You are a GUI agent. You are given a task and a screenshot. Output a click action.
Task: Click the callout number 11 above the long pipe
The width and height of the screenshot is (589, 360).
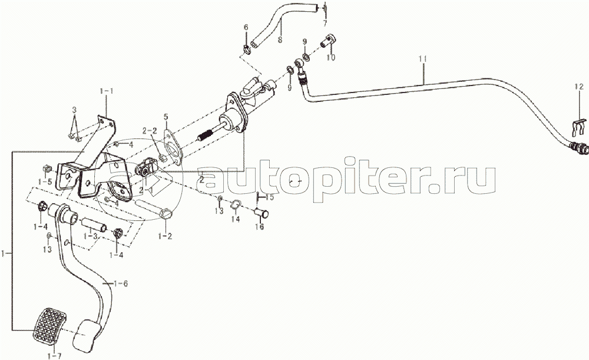click(x=423, y=59)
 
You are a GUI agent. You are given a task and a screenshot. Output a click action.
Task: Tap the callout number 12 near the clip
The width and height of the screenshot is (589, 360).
click(x=579, y=87)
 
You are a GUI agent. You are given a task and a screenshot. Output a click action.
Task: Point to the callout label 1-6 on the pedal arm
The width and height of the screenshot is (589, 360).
click(x=120, y=283)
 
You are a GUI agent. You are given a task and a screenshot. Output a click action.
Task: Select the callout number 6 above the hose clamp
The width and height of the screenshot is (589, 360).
click(x=246, y=27)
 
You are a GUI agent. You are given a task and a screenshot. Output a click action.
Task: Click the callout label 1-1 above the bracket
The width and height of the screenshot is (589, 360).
click(x=107, y=91)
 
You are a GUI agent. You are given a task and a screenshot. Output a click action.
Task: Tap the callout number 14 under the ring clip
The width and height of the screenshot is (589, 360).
click(x=235, y=219)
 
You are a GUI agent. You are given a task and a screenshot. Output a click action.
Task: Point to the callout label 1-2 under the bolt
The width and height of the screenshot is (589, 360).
click(x=165, y=236)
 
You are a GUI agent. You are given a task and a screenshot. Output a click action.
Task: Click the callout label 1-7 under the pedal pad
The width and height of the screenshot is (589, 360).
click(x=54, y=355)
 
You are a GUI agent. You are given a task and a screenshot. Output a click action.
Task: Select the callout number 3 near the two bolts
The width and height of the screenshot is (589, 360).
click(x=74, y=110)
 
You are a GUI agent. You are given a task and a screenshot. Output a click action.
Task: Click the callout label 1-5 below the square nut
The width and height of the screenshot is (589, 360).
click(x=44, y=181)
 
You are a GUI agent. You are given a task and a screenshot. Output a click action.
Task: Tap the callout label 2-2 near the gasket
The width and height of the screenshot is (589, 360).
click(x=150, y=130)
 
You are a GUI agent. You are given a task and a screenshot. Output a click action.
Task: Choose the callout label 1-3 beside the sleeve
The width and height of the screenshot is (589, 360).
click(x=91, y=236)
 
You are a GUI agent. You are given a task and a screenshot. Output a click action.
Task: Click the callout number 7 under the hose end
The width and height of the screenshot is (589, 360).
click(x=325, y=24)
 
